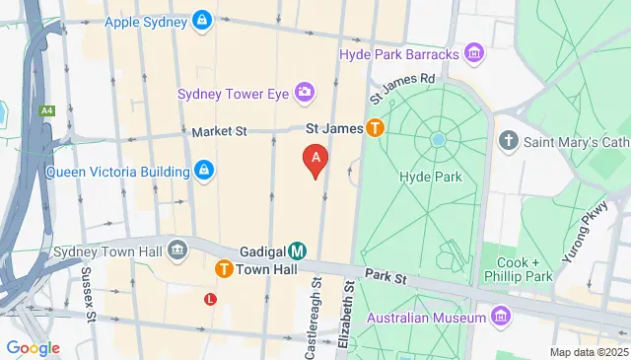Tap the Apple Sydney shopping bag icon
click(x=201, y=20)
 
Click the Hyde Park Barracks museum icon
click(x=474, y=52)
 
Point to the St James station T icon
click(x=375, y=127)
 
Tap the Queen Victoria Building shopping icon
click(x=203, y=171)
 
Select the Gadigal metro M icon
click(x=298, y=252)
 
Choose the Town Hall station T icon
click(x=224, y=268)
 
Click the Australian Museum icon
click(x=502, y=317)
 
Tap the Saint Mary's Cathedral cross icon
click(x=509, y=140)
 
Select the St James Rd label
click(x=402, y=87)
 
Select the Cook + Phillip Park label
click(x=531, y=270)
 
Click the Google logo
click(x=33, y=347)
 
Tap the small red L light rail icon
click(x=210, y=298)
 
